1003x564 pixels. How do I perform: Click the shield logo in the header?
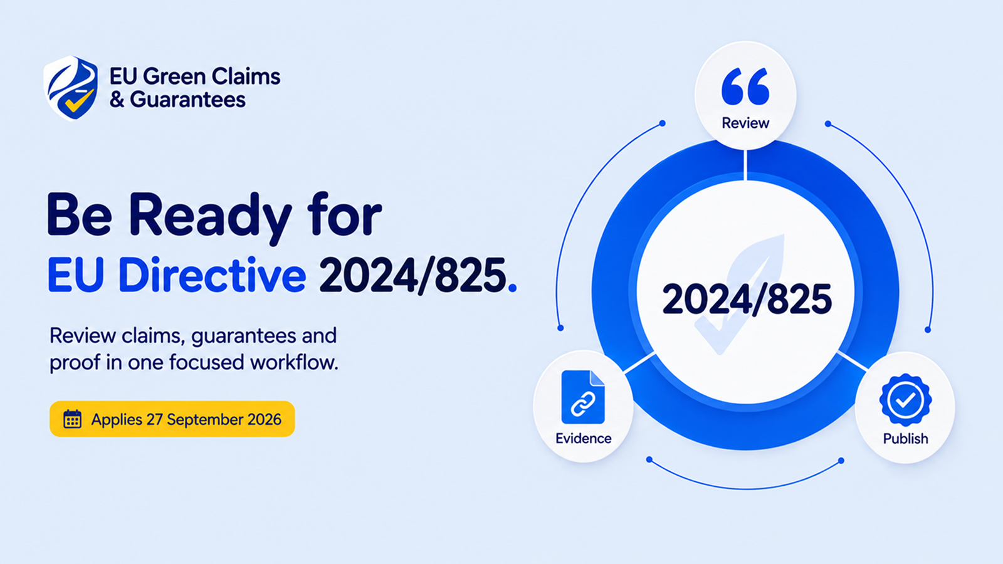point(71,88)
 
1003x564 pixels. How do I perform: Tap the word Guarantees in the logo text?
point(187,100)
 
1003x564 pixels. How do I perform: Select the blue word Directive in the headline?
point(213,274)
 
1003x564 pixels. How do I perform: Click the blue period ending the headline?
point(513,288)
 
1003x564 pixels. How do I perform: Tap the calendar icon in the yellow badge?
point(72,419)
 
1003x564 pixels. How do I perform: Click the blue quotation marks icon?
point(745,86)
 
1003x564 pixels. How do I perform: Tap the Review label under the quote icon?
point(745,123)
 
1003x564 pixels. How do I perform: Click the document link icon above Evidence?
point(583,397)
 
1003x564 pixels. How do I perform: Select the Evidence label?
point(584,438)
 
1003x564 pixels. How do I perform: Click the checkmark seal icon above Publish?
point(905,400)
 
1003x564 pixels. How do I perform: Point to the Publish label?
point(905,439)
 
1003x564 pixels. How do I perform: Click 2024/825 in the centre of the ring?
point(747,299)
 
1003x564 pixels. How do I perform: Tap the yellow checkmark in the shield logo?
point(79,101)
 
